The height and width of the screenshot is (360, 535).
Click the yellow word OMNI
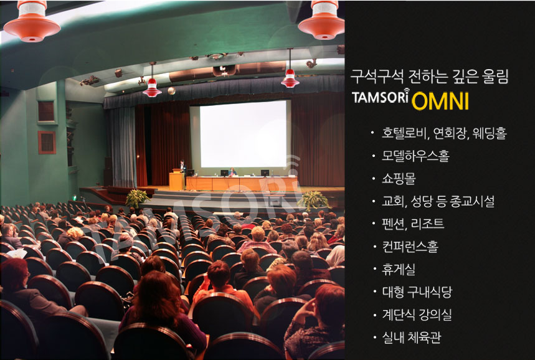(440, 101)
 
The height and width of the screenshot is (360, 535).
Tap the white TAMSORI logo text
(381, 97)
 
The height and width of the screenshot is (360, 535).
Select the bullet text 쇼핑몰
(399, 179)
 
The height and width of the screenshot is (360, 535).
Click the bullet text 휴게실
(399, 269)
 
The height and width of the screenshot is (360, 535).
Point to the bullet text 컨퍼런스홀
(410, 247)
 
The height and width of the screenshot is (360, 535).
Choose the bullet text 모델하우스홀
(415, 156)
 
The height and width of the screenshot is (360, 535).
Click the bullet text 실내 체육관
(412, 337)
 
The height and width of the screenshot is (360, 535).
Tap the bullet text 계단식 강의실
(417, 315)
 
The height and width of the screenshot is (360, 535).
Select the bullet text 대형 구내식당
(417, 291)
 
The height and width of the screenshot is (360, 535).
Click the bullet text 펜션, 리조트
(413, 224)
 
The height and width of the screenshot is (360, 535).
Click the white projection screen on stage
(244, 134)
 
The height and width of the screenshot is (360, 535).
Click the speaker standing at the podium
(183, 166)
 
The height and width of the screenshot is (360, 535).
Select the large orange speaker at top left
(32, 21)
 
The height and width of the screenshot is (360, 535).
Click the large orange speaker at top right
(322, 20)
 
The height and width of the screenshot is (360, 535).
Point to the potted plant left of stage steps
(138, 198)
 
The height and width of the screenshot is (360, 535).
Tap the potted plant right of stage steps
(314, 201)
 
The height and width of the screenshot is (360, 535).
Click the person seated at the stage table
(233, 172)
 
